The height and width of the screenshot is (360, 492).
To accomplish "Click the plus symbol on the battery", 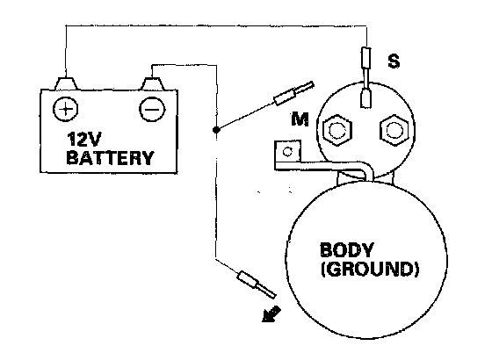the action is click(65, 109).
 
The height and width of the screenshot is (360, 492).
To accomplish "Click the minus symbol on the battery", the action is click(152, 110).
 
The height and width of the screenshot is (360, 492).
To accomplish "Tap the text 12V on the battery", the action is click(83, 139).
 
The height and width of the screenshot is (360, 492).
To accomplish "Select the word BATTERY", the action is click(110, 158).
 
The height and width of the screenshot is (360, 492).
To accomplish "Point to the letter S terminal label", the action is click(394, 61).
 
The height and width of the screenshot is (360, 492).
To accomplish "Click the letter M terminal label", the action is click(300, 119).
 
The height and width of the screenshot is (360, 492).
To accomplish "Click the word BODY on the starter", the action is click(346, 249).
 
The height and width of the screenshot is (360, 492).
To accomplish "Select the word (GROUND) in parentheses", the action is click(370, 269).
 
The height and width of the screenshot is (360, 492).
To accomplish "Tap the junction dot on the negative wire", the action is click(215, 130).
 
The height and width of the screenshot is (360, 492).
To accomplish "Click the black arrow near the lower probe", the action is click(271, 314).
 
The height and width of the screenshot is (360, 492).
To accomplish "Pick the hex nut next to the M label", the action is click(337, 130).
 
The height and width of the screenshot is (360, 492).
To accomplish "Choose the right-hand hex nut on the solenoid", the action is click(394, 129).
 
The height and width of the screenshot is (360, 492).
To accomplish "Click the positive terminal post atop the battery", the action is click(66, 83).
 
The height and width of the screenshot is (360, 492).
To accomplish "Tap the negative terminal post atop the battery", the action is click(152, 83).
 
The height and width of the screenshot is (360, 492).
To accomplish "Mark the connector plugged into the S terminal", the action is click(366, 57).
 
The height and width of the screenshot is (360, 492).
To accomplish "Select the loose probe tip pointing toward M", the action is click(293, 93).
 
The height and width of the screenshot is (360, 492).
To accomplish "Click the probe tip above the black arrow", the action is click(257, 284).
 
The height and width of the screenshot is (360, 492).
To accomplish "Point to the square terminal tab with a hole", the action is click(288, 152).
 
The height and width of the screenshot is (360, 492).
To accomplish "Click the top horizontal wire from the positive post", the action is click(216, 25).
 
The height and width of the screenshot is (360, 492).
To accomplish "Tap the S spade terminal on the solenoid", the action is click(365, 97).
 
